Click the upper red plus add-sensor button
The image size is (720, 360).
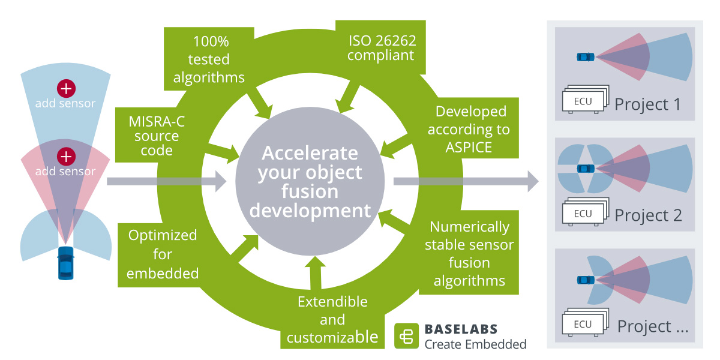(65, 88)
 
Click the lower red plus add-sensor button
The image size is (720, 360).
(65, 157)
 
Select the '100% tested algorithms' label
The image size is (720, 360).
(209, 59)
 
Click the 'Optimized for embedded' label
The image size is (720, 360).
(163, 254)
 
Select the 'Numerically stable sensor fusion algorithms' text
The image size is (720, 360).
(470, 254)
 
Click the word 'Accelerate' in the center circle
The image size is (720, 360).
(310, 153)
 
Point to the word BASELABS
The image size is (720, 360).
(461, 329)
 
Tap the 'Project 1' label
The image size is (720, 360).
(648, 104)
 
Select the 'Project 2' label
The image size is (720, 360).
(648, 215)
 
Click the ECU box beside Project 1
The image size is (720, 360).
(583, 101)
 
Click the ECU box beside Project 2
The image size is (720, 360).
(583, 214)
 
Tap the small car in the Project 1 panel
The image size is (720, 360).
(585, 57)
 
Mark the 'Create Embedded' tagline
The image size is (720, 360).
(475, 344)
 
